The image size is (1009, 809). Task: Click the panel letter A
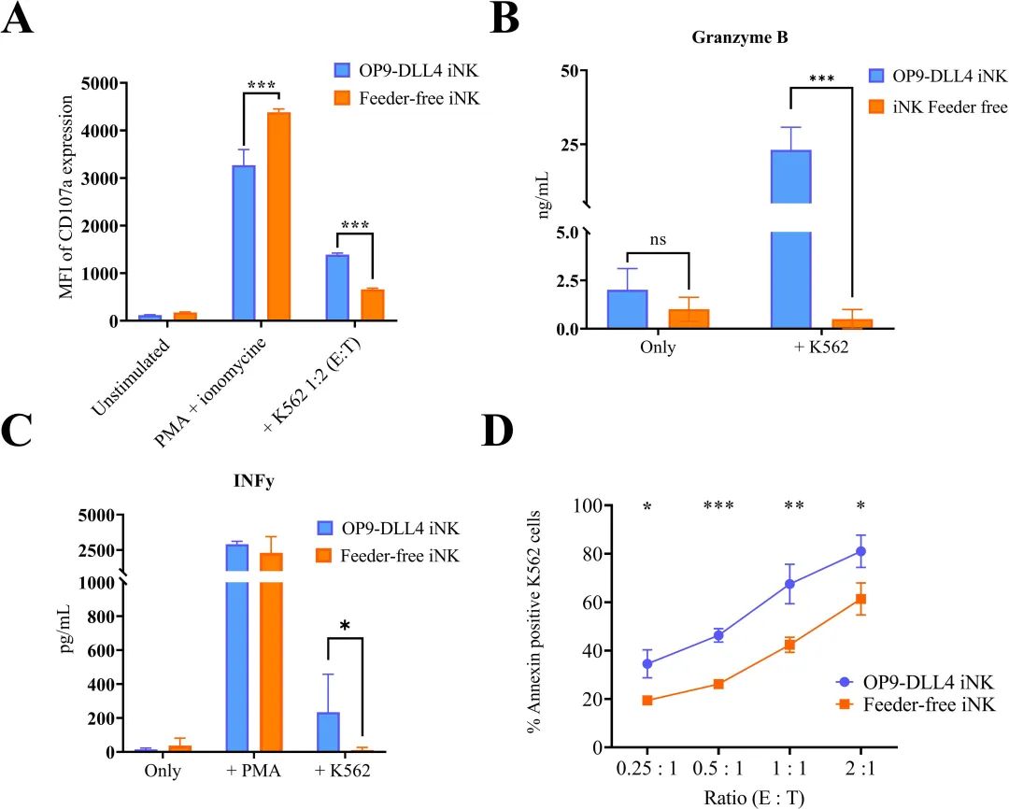21,21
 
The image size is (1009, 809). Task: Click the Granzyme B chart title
734,38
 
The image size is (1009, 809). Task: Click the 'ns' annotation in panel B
659,239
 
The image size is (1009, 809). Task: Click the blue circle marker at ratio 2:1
860,551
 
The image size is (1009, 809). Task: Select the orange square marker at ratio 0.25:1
647,700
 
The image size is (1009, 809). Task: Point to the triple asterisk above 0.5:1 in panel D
718,506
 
